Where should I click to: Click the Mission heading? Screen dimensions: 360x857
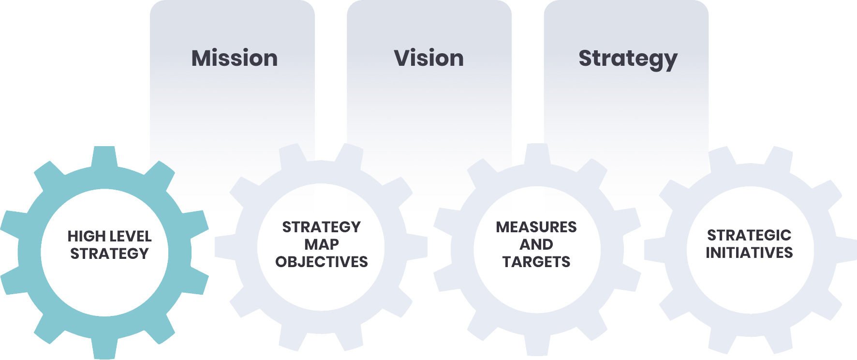[235, 58]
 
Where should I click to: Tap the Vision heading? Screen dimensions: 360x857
[429, 58]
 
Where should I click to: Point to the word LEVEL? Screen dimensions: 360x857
[131, 236]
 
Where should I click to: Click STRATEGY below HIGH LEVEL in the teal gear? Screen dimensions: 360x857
[109, 254]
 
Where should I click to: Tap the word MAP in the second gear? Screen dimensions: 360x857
[322, 244]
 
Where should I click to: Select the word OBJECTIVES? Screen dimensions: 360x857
[322, 262]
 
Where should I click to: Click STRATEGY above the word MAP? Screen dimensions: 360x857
[322, 227]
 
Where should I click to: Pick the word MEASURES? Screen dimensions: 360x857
[536, 227]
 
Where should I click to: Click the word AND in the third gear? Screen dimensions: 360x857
[536, 244]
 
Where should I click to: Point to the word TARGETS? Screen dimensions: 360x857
[536, 262]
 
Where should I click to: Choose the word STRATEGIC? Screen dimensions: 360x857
[749, 235]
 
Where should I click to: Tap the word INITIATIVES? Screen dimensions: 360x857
[749, 253]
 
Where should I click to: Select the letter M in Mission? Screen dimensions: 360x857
[203, 58]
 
